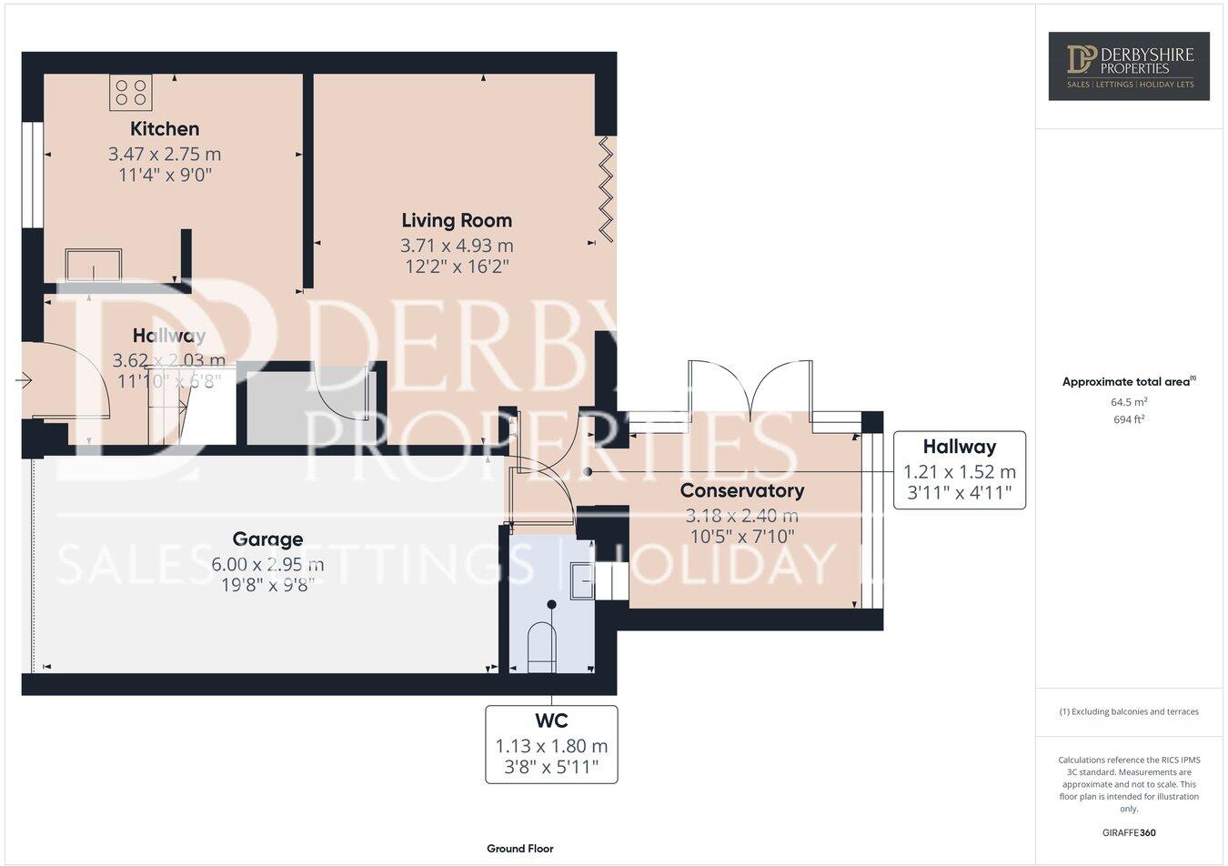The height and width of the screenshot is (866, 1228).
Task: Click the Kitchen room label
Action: (x=165, y=128)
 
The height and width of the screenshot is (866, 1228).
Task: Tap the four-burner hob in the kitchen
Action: (x=131, y=92)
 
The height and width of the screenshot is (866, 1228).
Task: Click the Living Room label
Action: (x=457, y=220)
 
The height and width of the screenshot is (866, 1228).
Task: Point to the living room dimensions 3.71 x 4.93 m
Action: (x=457, y=246)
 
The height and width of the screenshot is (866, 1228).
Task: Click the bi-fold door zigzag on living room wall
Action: (x=607, y=189)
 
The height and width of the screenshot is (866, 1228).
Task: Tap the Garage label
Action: (x=267, y=539)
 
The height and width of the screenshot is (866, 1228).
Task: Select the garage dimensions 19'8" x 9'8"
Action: (x=267, y=585)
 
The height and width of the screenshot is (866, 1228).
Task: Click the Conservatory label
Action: (x=742, y=491)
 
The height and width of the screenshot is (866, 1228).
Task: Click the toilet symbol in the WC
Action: (x=542, y=647)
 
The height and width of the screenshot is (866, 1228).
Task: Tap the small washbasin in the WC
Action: (x=579, y=580)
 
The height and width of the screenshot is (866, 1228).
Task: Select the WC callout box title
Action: (x=551, y=721)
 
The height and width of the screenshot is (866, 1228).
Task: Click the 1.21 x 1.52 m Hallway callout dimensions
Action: (x=959, y=472)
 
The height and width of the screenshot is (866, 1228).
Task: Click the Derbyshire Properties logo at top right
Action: (x=1129, y=65)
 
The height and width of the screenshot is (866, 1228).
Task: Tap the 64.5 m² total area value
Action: (x=1128, y=401)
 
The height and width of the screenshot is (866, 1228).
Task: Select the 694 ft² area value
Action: (x=1128, y=419)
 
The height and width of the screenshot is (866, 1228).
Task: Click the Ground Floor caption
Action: (x=519, y=849)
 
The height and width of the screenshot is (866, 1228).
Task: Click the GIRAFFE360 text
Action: (x=1128, y=832)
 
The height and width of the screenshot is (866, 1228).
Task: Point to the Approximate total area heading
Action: (x=1128, y=382)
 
